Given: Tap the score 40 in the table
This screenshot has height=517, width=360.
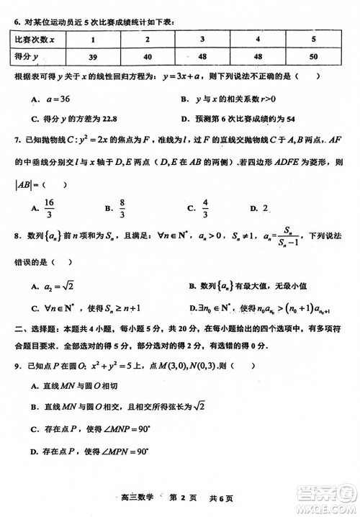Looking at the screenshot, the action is (148, 56).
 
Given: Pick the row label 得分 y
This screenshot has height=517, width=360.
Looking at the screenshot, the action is (30, 56).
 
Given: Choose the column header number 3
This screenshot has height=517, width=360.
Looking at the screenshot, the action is (203, 39).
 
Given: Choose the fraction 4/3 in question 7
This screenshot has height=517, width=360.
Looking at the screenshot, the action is (205, 208).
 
